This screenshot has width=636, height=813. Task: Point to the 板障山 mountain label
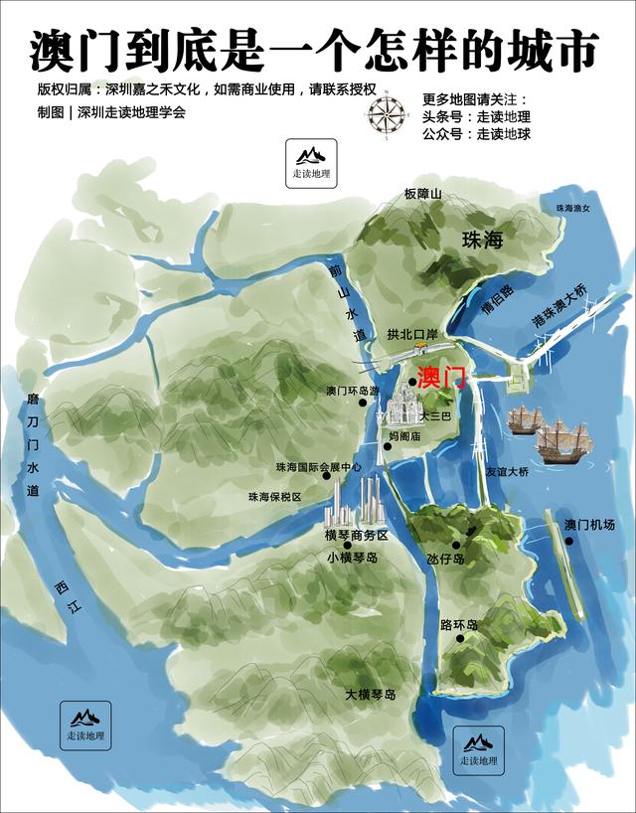click(x=421, y=194)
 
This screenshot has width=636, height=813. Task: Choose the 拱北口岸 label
click(x=412, y=335)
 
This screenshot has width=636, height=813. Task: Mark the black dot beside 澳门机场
click(x=570, y=542)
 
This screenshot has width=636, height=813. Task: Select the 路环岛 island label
click(x=458, y=625)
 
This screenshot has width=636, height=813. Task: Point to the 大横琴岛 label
click(x=371, y=694)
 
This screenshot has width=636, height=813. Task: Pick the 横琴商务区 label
click(x=355, y=536)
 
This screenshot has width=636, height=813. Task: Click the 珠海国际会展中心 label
click(x=319, y=466)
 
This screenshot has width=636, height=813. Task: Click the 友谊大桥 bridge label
click(x=507, y=473)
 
